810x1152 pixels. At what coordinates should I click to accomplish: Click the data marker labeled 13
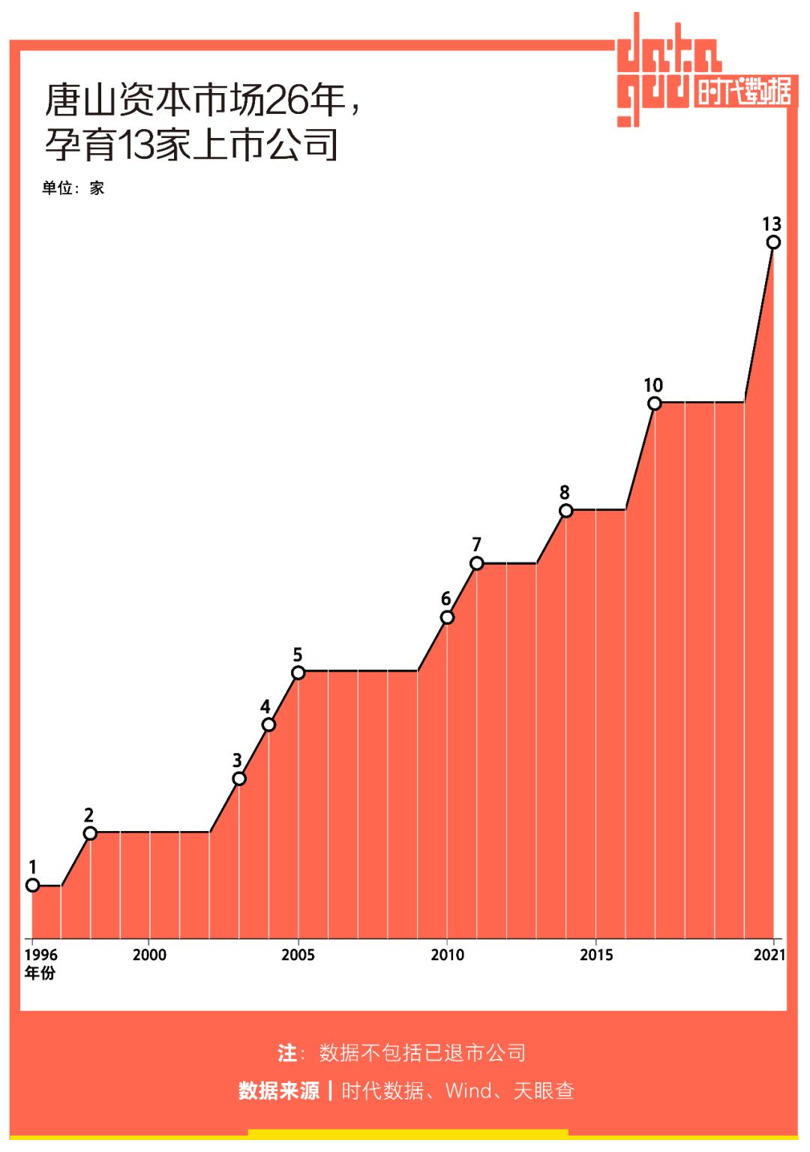coord(773,242)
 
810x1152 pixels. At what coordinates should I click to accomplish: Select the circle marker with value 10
coord(654,403)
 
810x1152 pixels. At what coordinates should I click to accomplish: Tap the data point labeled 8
coord(565,511)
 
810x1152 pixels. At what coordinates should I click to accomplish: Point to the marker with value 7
coord(476,563)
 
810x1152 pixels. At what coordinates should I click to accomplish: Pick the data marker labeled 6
coord(447,617)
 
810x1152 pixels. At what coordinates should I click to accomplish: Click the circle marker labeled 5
coord(298,672)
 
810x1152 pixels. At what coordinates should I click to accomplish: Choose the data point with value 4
coord(268,724)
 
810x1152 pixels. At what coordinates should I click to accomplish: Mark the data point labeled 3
coord(238,778)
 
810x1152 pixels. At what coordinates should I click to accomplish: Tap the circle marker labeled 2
coord(90,833)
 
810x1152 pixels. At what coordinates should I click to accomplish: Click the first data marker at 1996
coord(32,885)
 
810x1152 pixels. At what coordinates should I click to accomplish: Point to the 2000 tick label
coord(149,955)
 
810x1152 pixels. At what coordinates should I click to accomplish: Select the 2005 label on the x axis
coord(298,955)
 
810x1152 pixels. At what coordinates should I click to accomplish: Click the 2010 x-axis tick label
coord(447,955)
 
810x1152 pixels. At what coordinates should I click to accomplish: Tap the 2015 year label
coord(595,955)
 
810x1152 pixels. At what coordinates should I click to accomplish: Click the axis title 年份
coord(40,973)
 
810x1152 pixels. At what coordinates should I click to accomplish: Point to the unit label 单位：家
coord(73,188)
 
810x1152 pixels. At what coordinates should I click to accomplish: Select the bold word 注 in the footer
coord(286,1053)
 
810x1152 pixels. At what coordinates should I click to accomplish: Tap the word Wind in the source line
coord(469,1090)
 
